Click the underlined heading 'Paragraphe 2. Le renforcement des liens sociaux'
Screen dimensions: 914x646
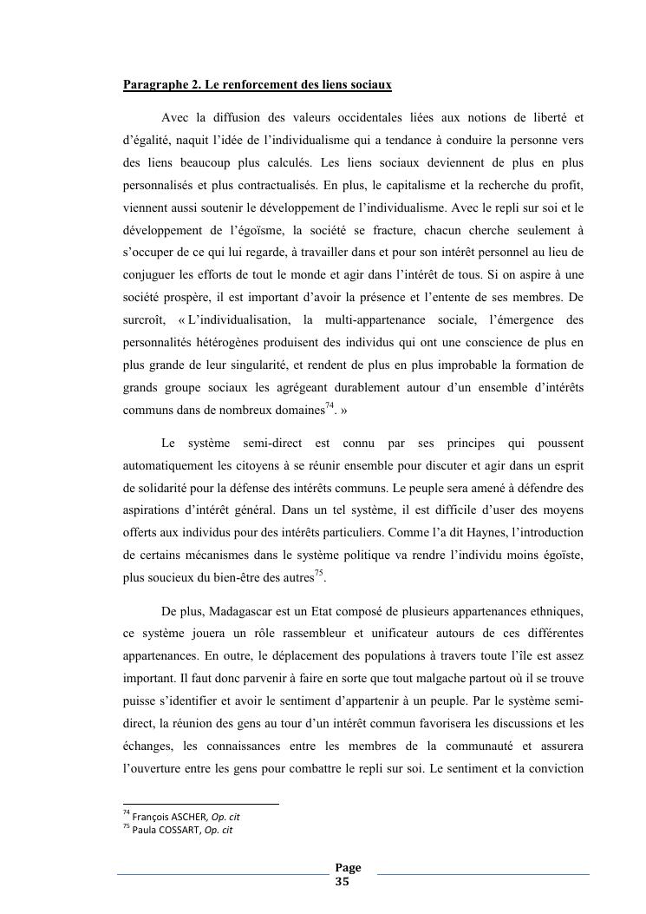pyautogui.click(x=257, y=85)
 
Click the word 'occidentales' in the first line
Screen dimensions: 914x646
pyautogui.click(x=381, y=117)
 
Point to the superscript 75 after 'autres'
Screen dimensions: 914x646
pyautogui.click(x=318, y=573)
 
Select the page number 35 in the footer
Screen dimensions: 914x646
pyautogui.click(x=342, y=881)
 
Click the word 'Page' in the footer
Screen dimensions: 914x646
pyautogui.click(x=348, y=868)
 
